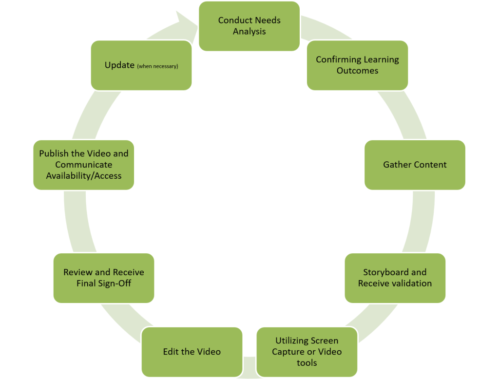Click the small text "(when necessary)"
pos(157,66)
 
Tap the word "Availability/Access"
pos(84,175)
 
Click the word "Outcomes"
pos(357,71)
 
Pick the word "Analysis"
pos(249,32)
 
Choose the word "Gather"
pos(397,165)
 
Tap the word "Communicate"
pos(83,165)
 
